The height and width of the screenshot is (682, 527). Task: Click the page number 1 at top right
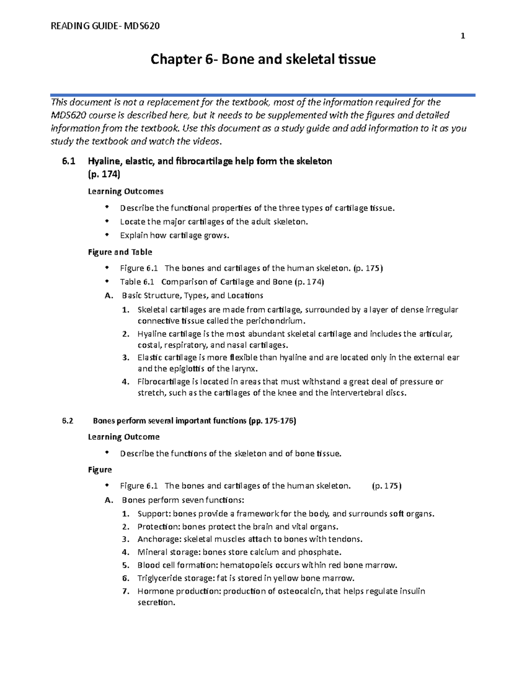tap(462, 36)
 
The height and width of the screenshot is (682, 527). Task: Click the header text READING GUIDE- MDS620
tap(105, 26)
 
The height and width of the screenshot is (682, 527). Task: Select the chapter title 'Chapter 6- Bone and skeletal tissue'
tap(263, 59)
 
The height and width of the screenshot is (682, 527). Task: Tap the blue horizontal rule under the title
tap(263, 95)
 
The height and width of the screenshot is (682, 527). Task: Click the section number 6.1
tap(69, 161)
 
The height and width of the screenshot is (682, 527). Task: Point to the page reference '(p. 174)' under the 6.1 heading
tap(104, 174)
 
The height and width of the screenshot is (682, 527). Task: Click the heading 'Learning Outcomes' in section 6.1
tap(126, 191)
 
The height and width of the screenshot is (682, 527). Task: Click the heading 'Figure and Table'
tap(120, 252)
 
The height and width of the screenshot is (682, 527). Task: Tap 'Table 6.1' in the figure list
tap(137, 282)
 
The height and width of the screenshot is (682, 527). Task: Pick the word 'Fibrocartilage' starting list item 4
tap(163, 382)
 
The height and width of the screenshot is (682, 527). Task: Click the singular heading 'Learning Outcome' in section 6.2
tap(123, 437)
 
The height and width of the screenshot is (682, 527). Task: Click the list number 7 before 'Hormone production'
tap(126, 591)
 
